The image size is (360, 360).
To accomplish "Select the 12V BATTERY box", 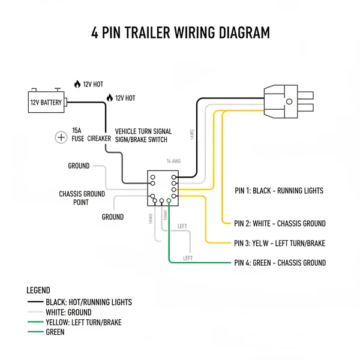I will [47, 102].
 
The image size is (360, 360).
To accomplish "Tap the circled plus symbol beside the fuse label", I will [61, 137].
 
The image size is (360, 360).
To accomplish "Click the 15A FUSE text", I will [77, 134].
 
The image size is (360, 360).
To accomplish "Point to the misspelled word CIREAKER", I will [99, 139].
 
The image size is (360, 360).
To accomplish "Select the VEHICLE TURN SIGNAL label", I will [143, 131].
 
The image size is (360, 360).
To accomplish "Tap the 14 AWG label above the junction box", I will [173, 161].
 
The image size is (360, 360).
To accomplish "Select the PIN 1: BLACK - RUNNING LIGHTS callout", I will [279, 191].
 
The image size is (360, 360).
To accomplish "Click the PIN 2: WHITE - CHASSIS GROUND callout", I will [280, 224].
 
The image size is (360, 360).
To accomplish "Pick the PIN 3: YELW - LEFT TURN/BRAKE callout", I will [280, 243].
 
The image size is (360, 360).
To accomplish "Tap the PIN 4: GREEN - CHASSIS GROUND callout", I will [280, 263].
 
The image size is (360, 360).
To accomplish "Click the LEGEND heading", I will [39, 290].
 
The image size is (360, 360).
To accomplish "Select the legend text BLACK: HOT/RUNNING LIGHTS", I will [89, 302].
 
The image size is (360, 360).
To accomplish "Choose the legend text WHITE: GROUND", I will [68, 313].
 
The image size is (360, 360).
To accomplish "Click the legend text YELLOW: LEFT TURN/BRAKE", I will [83, 322].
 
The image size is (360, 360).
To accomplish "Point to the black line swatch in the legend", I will [35, 303].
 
